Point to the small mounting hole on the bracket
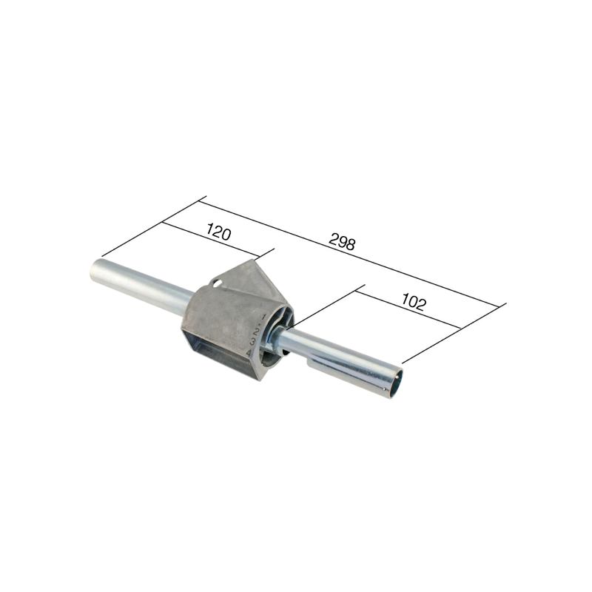[217, 282]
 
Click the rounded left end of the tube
[97, 271]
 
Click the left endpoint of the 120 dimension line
[164, 223]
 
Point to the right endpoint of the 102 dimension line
[461, 328]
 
